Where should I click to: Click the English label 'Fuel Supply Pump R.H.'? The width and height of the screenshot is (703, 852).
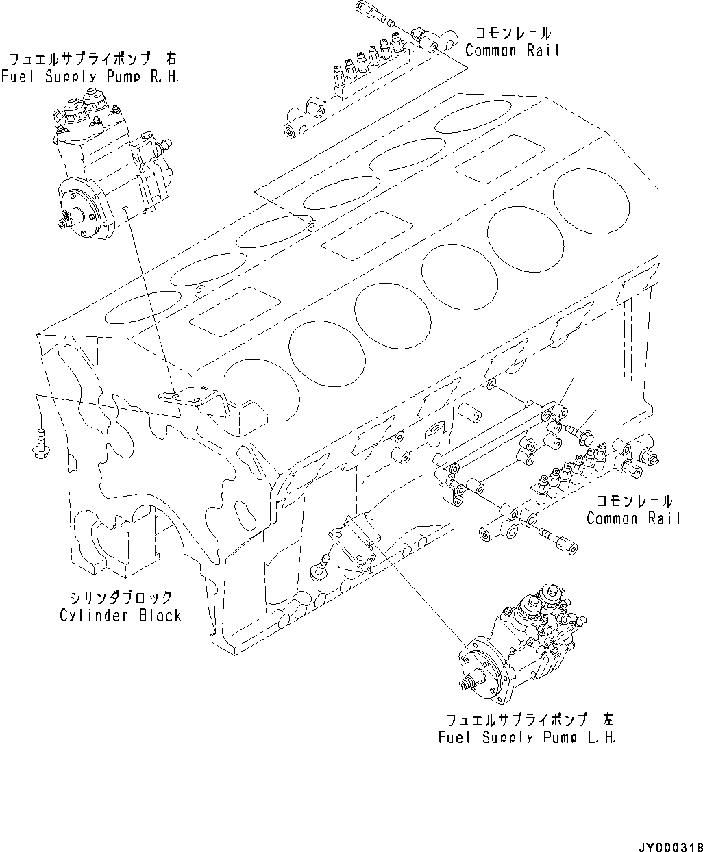[x=90, y=77]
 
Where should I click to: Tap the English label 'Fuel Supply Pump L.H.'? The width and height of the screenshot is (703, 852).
[x=527, y=738]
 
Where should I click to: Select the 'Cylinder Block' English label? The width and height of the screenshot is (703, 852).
[x=120, y=615]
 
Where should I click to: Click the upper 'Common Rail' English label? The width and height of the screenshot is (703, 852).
[x=512, y=50]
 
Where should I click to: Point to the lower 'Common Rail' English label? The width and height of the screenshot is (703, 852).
[x=634, y=518]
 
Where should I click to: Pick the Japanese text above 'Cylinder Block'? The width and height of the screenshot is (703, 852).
[x=120, y=598]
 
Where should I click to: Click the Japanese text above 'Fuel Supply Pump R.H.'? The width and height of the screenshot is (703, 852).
[x=90, y=60]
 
